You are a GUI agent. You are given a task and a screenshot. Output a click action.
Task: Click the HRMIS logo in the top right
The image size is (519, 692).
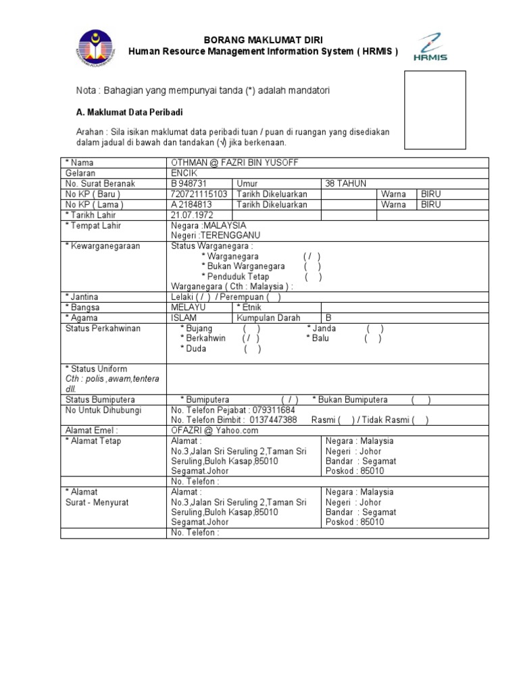pos(430,47)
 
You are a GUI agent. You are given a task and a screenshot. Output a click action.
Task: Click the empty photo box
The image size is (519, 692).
pos(435,110)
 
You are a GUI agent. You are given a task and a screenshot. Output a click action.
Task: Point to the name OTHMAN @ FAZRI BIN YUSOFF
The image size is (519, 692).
pos(234,163)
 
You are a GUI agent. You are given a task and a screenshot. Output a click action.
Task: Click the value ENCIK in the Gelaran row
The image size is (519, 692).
pos(184,173)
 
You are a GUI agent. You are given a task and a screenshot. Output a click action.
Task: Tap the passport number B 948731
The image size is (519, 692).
pos(189,184)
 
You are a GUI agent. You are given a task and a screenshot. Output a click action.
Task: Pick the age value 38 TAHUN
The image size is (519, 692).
pos(346,184)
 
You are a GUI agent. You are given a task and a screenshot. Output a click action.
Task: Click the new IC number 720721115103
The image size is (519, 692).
pos(201,194)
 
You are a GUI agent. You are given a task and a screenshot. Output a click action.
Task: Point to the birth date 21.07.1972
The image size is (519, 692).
pos(193,215)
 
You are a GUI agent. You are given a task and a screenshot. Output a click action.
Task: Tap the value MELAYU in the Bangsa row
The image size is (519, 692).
pos(189,307)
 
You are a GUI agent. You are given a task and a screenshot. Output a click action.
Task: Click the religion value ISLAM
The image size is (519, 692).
pos(184,318)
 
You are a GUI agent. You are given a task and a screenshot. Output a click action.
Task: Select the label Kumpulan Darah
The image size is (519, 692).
pos(268,318)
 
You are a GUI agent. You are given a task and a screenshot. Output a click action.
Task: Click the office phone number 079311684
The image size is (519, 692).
pos(272,410)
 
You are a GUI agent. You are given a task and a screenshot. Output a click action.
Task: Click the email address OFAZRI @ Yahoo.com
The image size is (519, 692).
pos(215,430)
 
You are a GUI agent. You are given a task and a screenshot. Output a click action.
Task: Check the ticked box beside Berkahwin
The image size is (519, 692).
pos(249,339)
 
